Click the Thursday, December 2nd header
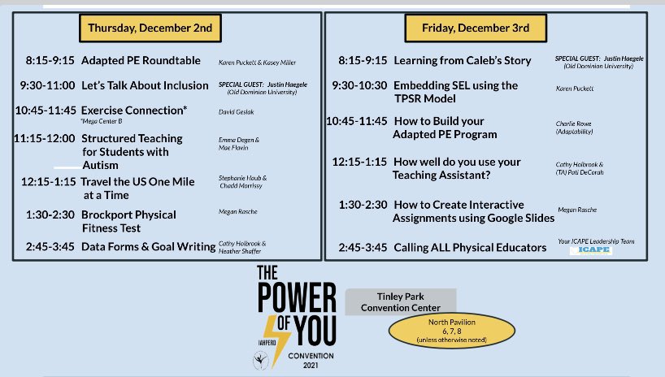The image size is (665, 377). [x=150, y=28]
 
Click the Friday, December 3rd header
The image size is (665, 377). [x=476, y=28]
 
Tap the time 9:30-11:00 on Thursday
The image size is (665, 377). [x=50, y=84]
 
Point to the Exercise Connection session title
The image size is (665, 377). [x=134, y=109]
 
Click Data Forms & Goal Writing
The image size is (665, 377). [x=148, y=245]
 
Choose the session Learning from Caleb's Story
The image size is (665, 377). [x=462, y=60]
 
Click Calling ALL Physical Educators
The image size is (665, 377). [x=470, y=247]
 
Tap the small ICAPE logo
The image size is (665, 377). [x=590, y=250]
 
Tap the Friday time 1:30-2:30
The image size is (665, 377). [x=362, y=205]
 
